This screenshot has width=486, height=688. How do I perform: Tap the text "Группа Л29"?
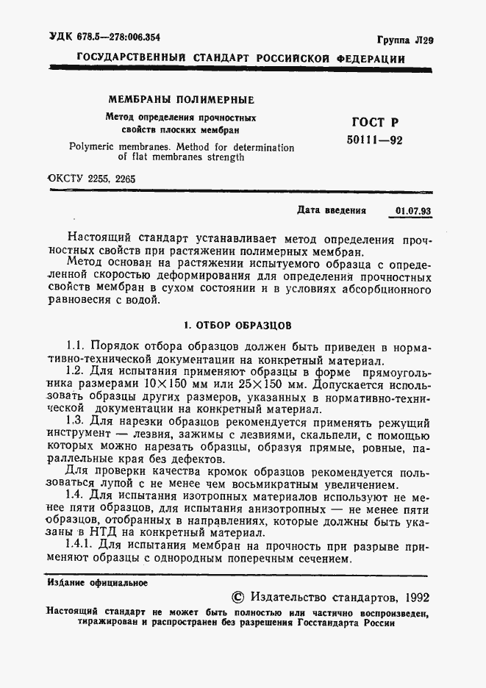[x=405, y=41]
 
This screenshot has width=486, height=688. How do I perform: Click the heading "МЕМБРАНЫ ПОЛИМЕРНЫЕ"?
[x=181, y=100]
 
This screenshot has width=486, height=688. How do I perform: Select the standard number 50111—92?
[x=374, y=140]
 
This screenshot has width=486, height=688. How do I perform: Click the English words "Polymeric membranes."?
[x=117, y=147]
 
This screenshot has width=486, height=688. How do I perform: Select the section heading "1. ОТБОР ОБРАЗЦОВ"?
[x=237, y=323]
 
